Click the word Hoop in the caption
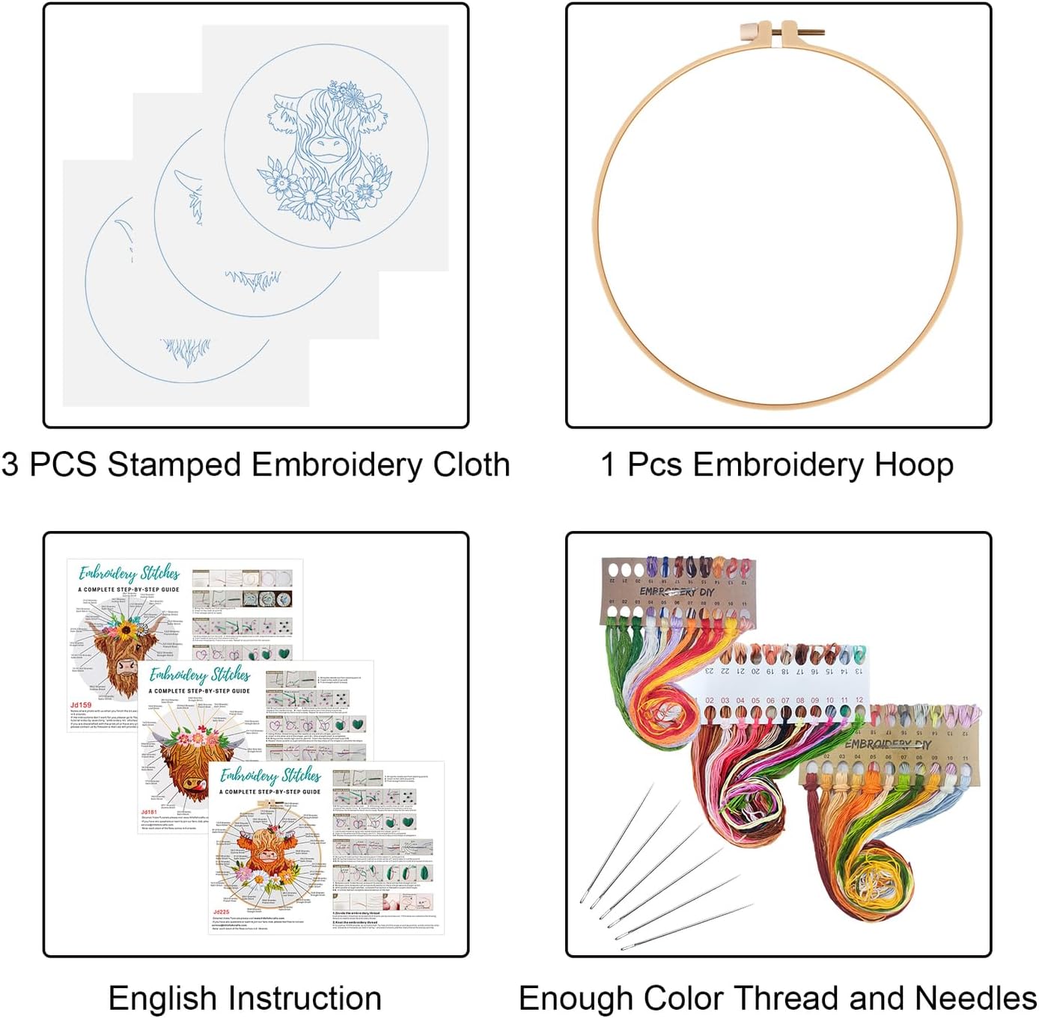click(x=914, y=464)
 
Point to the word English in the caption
click(x=163, y=999)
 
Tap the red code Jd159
click(x=81, y=705)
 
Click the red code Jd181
click(x=149, y=812)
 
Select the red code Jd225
click(x=221, y=912)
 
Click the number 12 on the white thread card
click(x=859, y=701)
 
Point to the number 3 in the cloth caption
click(x=10, y=464)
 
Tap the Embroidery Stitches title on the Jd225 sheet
click(x=270, y=774)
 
